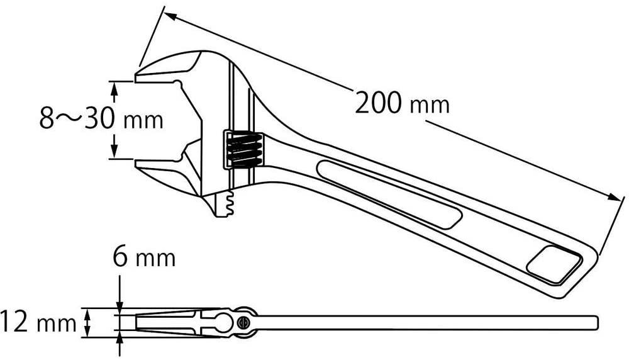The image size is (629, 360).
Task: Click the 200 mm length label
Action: [402, 103]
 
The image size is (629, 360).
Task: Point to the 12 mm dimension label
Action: [38, 322]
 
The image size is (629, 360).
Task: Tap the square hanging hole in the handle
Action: [555, 264]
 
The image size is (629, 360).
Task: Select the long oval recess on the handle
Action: [389, 194]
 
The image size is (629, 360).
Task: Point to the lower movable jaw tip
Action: [138, 164]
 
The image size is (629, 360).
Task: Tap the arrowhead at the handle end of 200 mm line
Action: [615, 198]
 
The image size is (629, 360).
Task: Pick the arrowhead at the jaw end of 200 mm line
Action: [170, 16]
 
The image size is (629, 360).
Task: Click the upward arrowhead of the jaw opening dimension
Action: [114, 91]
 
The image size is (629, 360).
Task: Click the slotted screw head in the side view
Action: [243, 322]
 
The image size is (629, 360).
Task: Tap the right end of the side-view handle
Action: [598, 322]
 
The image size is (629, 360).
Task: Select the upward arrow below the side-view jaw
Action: [119, 345]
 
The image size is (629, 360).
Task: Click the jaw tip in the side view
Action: [138, 323]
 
